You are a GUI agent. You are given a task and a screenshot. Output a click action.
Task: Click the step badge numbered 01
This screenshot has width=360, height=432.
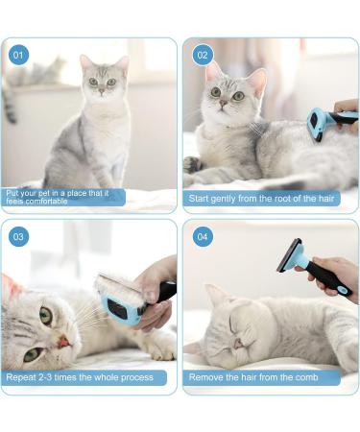(x=18, y=55)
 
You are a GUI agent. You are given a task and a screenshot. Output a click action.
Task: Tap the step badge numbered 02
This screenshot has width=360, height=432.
(x=202, y=55)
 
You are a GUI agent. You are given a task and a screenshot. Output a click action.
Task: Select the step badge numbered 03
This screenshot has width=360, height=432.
(x=18, y=236)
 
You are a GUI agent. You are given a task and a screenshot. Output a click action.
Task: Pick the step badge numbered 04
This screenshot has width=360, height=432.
(x=202, y=236)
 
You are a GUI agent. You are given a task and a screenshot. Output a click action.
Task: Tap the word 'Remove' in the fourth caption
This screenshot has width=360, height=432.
(x=206, y=377)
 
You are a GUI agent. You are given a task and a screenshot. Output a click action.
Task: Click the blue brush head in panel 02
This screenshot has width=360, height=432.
(x=316, y=125)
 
